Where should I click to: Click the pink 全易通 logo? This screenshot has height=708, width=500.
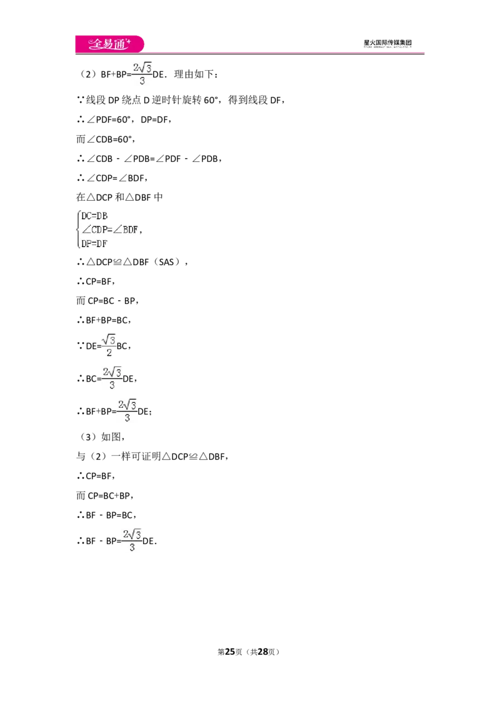pos(109,44)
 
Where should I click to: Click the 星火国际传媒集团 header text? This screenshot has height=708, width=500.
pos(387,43)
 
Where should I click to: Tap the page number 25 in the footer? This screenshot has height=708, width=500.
pos(230,652)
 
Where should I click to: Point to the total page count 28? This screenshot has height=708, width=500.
pos(263,652)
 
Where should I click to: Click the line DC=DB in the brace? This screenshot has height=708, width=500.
pos(94,216)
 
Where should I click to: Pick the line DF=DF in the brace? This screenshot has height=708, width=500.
pos(94,243)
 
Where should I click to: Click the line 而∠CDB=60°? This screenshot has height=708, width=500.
pos(106,139)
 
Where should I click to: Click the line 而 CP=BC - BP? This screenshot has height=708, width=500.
pos(107,301)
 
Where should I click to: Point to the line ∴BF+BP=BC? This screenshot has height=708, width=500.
pos(104,320)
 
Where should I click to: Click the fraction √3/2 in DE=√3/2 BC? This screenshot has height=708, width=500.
pos(109,345)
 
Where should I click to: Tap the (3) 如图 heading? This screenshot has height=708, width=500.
pos(101,437)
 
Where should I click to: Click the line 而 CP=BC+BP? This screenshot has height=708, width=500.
pos(105,495)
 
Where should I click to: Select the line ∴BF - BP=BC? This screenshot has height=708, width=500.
pos(106,515)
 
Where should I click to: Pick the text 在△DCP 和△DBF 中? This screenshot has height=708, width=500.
pos(119,197)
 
